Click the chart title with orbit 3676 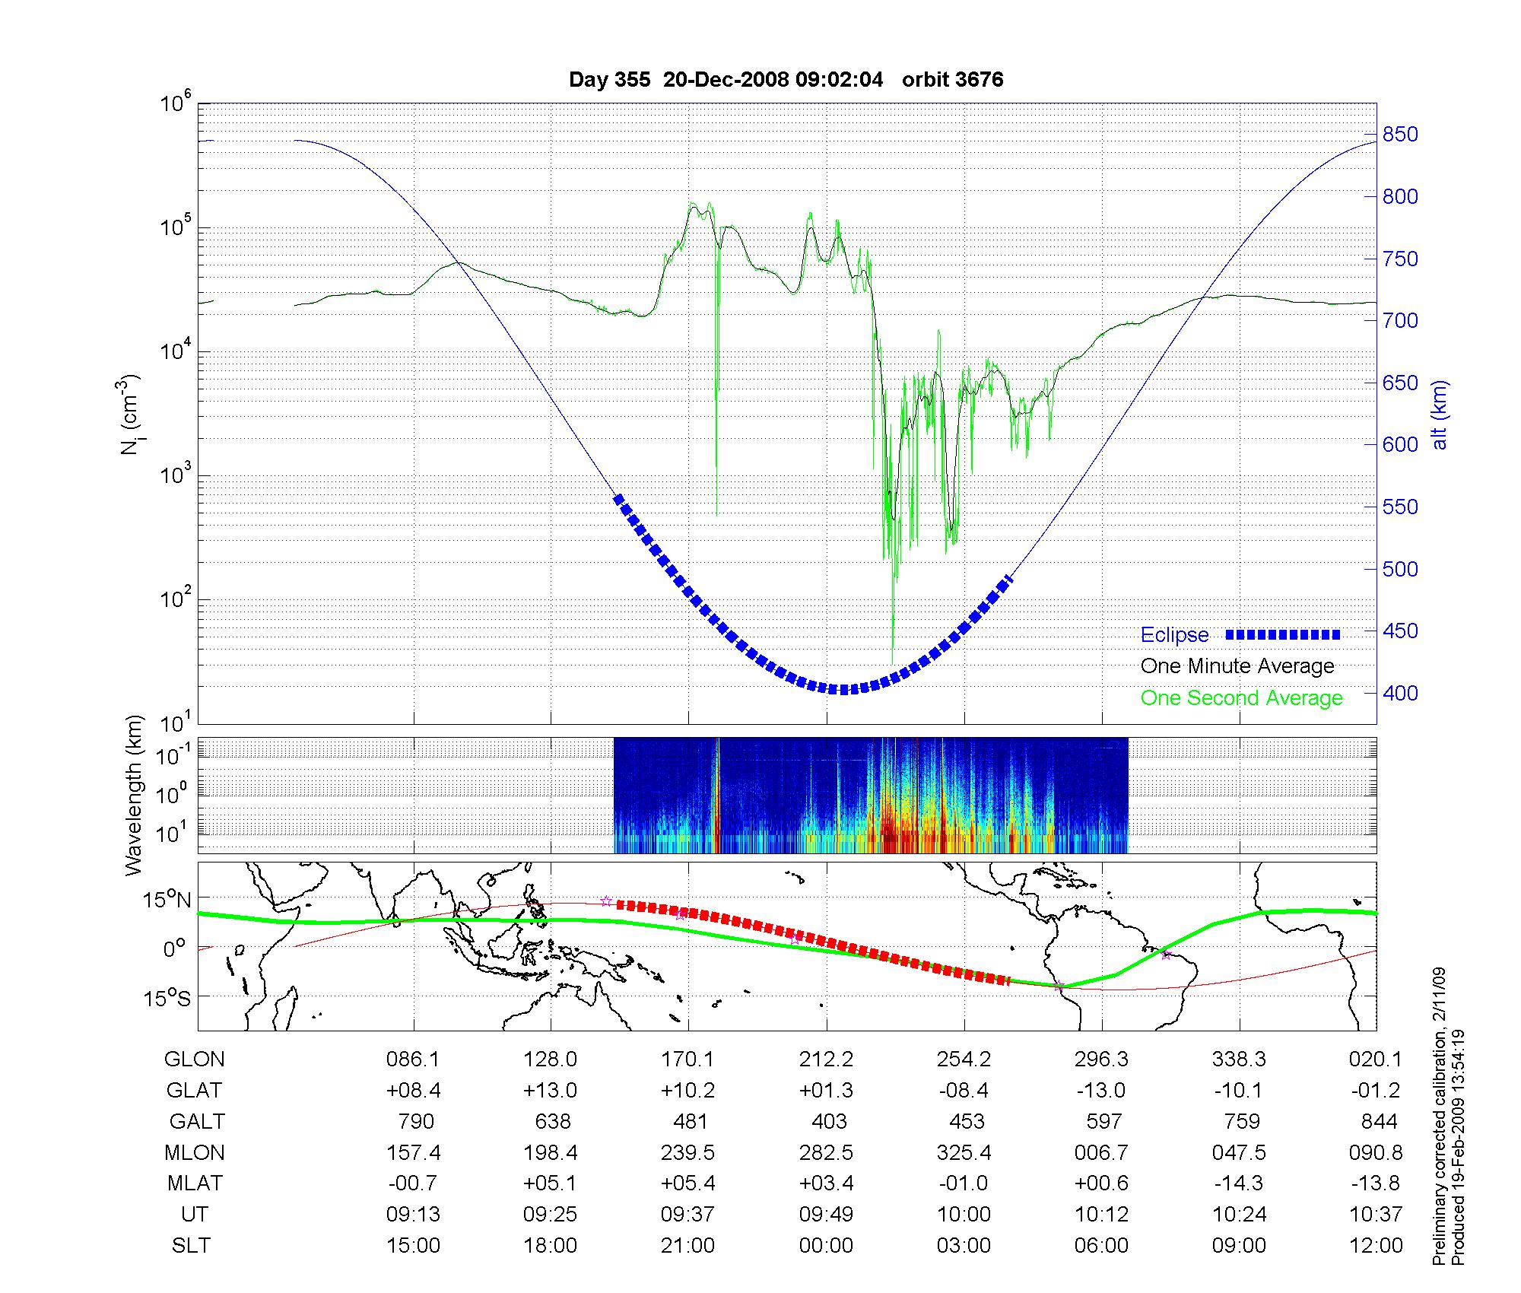(786, 80)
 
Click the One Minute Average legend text (1237, 666)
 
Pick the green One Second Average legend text (1241, 698)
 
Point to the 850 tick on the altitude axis (1400, 135)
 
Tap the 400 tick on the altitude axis (1400, 693)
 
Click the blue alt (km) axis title (1440, 415)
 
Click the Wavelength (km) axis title (135, 795)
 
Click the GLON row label (194, 1059)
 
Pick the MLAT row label (195, 1183)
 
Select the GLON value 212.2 (826, 1059)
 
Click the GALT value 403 (829, 1121)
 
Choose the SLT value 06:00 (1101, 1246)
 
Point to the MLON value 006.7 (1101, 1152)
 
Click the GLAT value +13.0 (550, 1090)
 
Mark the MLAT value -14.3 (1239, 1183)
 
